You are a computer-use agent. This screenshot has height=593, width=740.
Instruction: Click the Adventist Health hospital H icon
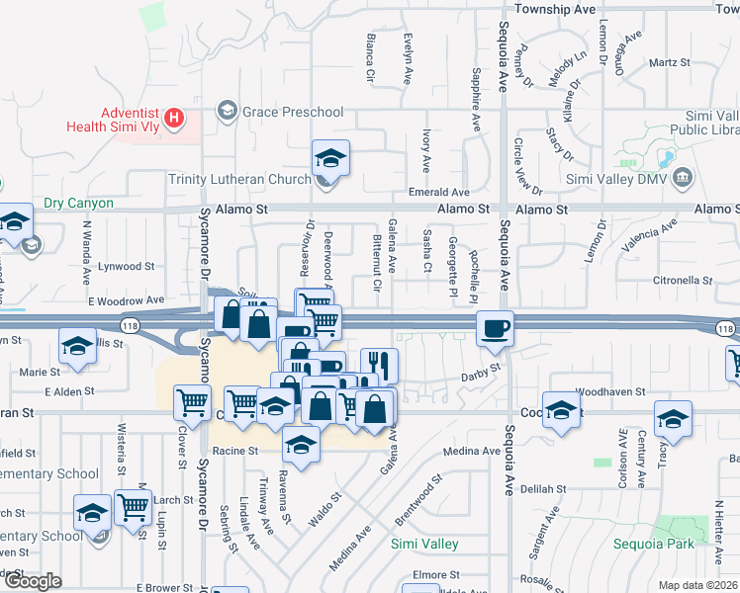175,120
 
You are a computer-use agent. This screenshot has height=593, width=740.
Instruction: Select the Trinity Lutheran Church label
239,179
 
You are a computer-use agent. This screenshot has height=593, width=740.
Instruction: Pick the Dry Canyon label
78,204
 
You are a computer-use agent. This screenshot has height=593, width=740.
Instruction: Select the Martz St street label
669,62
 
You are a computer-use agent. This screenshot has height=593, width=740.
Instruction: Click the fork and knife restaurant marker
379,365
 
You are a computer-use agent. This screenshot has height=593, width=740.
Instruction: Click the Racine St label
235,450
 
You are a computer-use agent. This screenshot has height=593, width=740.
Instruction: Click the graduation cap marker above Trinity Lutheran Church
330,157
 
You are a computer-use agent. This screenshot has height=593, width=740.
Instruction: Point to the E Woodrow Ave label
126,299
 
